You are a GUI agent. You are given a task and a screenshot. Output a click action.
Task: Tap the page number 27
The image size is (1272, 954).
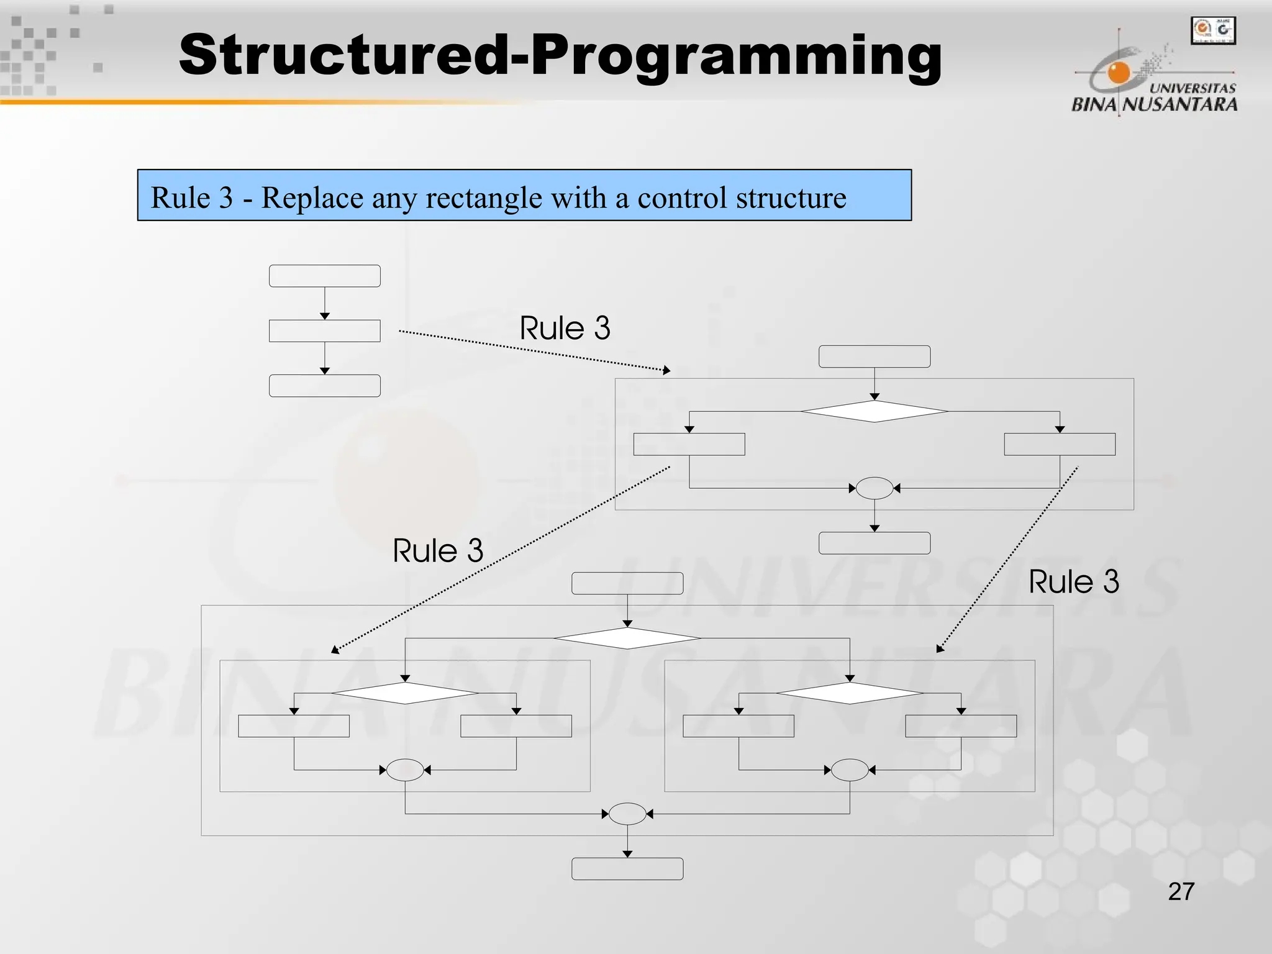1181,891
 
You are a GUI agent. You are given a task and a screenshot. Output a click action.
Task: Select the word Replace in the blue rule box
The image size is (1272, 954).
312,198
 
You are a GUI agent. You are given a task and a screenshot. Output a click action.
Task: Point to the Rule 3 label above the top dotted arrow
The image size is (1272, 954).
565,328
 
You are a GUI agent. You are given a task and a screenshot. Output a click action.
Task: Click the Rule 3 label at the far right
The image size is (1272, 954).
1073,582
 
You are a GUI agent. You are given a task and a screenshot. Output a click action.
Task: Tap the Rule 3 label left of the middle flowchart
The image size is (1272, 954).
438,551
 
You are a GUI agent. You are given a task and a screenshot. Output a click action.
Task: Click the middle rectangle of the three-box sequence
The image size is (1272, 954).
324,331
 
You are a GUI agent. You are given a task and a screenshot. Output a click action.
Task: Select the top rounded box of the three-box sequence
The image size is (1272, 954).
324,276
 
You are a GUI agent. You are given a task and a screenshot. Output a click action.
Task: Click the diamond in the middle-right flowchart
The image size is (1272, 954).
874,411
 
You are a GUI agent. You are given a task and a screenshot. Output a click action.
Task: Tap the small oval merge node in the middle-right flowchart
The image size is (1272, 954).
874,488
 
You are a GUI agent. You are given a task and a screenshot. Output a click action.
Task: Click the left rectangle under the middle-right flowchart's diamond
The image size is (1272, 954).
689,444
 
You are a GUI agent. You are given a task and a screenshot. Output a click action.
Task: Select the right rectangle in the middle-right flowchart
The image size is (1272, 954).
1060,444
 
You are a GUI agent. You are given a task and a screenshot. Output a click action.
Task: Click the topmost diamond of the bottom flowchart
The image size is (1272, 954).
627,638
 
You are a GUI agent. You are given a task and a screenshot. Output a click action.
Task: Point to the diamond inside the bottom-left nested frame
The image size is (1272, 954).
405,693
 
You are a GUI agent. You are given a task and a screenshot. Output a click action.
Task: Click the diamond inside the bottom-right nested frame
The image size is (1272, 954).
849,693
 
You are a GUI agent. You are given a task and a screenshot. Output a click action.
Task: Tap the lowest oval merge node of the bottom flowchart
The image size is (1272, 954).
627,814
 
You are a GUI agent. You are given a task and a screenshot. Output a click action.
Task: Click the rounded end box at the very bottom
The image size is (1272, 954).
627,868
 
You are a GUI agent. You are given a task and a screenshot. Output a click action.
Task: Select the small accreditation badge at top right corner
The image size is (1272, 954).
1212,30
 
